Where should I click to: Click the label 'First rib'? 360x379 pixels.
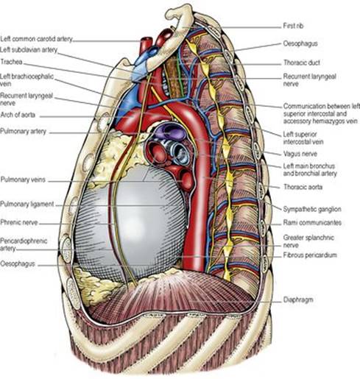tap(293, 26)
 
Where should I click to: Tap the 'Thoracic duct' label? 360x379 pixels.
tap(302, 63)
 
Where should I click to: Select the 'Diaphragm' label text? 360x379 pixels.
tap(298, 300)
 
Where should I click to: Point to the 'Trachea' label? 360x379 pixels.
tap(11, 62)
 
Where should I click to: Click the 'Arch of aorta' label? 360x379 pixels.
tap(18, 115)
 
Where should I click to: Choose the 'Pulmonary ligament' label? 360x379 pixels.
tap(27, 204)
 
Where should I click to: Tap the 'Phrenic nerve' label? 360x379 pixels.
tap(19, 222)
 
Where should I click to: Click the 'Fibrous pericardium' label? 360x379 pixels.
tap(310, 255)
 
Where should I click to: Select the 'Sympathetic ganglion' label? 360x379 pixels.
tap(312, 209)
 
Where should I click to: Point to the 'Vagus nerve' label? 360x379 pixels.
tap(300, 154)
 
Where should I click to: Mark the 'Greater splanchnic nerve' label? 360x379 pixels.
tap(308, 241)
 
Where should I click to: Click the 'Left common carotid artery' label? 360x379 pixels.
tap(37, 39)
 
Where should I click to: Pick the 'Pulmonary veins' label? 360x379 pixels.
tap(23, 180)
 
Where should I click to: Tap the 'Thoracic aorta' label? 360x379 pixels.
tap(303, 187)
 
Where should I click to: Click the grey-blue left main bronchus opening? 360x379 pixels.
tap(180, 152)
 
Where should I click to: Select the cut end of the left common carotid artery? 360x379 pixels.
tap(147, 40)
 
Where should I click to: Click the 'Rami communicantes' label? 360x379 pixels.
tap(312, 222)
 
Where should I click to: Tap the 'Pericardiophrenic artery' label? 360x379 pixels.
tap(24, 244)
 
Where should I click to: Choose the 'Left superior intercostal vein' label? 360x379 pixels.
tap(303, 138)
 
